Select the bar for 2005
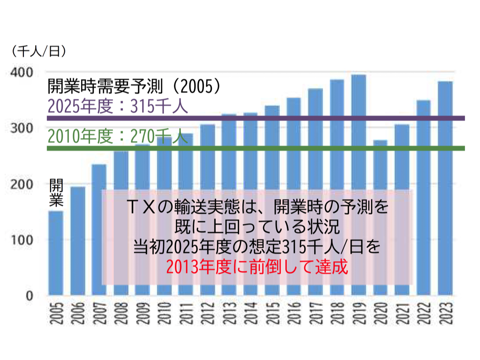click(x=56, y=253)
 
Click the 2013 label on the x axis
click(x=229, y=314)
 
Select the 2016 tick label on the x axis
click(x=294, y=314)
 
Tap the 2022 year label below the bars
click(x=424, y=314)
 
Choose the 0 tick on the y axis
click(x=29, y=296)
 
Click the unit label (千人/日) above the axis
click(x=38, y=51)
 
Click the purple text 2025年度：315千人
click(x=118, y=106)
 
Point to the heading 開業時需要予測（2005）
click(x=134, y=86)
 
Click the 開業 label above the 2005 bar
click(x=56, y=192)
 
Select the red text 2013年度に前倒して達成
click(x=257, y=268)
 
